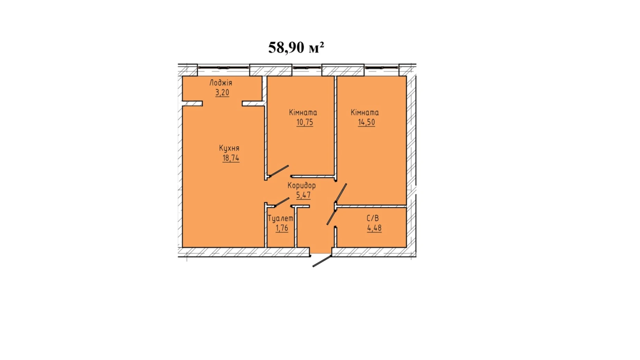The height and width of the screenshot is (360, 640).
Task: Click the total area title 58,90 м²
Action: coord(296,47)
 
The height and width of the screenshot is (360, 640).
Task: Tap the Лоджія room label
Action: coord(221,83)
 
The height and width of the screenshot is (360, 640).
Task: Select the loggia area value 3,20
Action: coord(222,92)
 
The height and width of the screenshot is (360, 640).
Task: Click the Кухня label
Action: coord(229,148)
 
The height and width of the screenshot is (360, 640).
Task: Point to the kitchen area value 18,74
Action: coord(231,158)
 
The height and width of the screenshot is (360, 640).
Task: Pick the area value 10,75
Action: coord(304,122)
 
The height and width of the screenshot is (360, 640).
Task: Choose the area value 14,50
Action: coord(366,122)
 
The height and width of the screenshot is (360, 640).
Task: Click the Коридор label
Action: coord(301,186)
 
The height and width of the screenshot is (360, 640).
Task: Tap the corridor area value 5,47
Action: coord(303,195)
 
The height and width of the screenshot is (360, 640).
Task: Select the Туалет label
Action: coord(280,219)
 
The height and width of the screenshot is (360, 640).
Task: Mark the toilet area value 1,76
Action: coord(282,228)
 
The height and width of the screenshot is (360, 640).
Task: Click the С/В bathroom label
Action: coord(373,218)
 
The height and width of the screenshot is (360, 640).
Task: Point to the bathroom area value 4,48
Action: coord(374,228)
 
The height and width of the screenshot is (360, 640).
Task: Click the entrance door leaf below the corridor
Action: coord(322,261)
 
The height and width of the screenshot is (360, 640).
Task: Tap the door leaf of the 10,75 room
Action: coord(278,171)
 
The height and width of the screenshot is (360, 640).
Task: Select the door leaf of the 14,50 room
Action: coord(341,193)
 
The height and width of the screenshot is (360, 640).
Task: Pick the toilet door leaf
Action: coord(282,202)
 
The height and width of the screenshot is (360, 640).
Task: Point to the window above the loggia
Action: coord(223,67)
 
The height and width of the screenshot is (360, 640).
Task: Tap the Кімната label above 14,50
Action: coord(365,113)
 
